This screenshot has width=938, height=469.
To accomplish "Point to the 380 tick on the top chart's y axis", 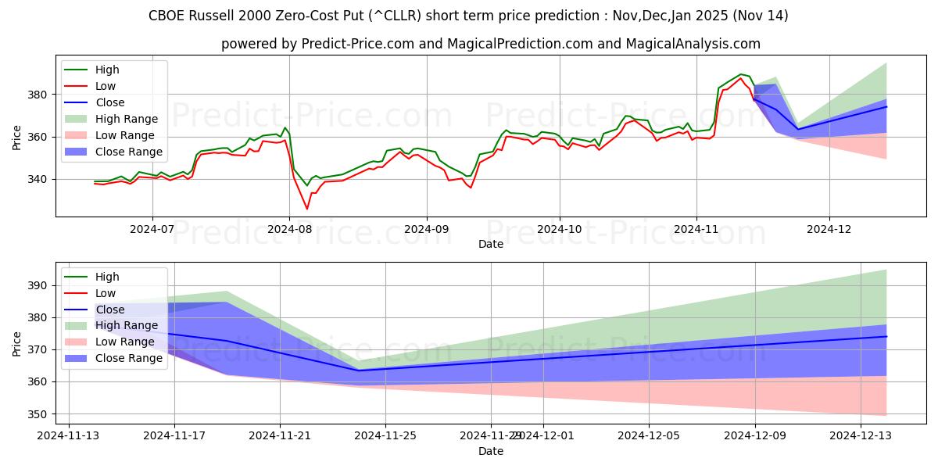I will [41, 95].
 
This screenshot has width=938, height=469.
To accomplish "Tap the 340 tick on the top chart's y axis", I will [41, 179].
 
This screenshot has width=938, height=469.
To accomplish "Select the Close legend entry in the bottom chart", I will [109, 310].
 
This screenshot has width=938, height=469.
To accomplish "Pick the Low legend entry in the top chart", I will [106, 86].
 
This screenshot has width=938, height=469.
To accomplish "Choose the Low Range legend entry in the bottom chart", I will [125, 342].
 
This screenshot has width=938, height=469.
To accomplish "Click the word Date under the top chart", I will [491, 245].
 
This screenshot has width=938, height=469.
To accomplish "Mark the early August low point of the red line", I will [306, 209].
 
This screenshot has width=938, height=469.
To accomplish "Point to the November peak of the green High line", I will [740, 74].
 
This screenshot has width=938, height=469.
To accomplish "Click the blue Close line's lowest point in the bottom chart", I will [358, 371].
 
